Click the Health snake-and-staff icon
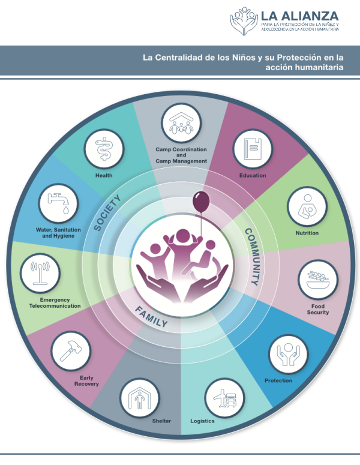coord(104,149)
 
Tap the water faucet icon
coord(58,203)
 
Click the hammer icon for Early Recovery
coord(71,351)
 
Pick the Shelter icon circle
coord(139,398)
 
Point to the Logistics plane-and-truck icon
coord(224,398)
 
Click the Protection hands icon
coord(288,354)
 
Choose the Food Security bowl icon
coord(318,280)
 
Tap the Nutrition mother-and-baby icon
coord(307,206)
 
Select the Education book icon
coord(253,149)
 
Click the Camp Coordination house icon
coord(181,123)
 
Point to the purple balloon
coord(201,202)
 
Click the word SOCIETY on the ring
coord(107,212)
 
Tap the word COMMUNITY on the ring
coord(254,257)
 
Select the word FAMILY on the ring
coord(151,317)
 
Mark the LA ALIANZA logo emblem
coord(244,21)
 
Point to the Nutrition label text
coord(307,233)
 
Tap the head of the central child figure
coord(182,236)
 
